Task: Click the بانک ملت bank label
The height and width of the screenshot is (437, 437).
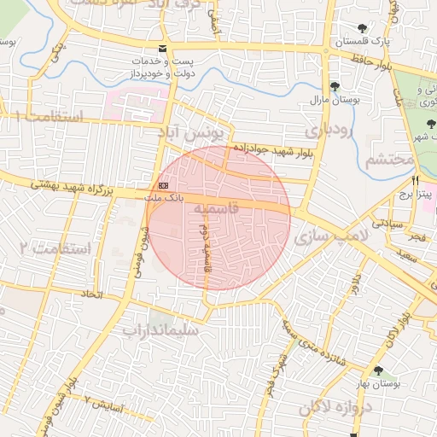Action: (166, 198)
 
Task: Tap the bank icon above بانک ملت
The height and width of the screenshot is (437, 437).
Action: (163, 185)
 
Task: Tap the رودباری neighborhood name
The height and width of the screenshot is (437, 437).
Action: (326, 131)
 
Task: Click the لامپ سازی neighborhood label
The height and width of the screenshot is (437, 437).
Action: (335, 235)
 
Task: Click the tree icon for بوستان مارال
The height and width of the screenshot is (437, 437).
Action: (335, 86)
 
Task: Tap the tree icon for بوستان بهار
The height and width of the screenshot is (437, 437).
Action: (377, 370)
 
